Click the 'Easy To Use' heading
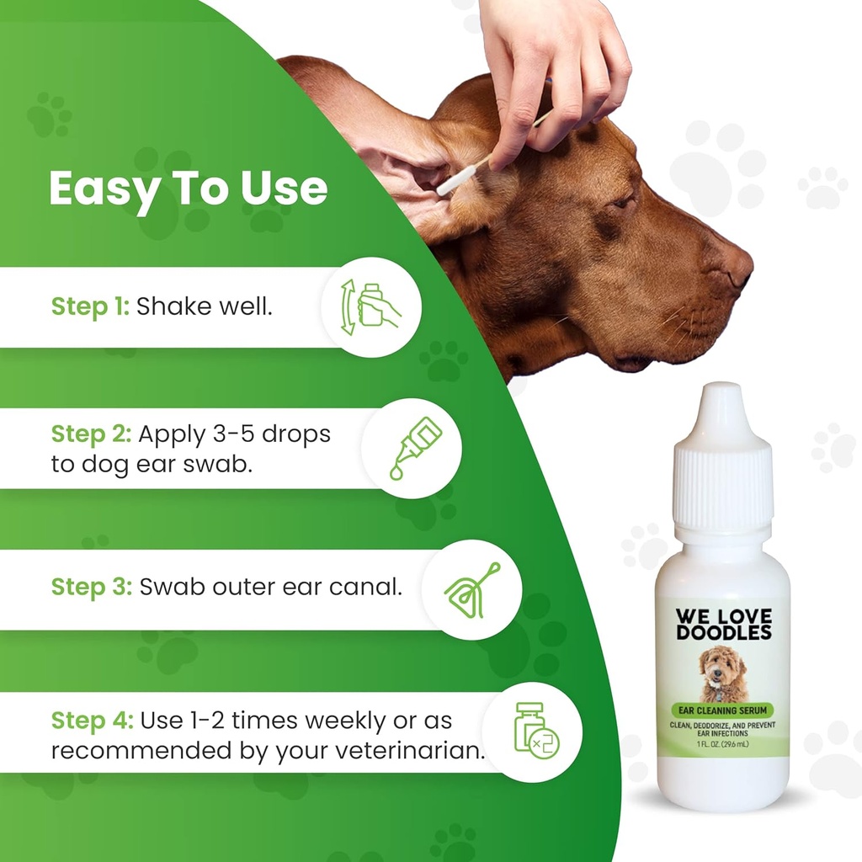click(x=188, y=189)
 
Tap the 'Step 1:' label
click(x=90, y=306)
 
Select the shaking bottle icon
click(x=371, y=307)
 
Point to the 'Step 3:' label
click(x=92, y=587)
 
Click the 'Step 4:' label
click(x=92, y=721)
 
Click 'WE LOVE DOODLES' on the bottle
click(x=723, y=623)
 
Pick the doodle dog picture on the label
click(x=723, y=673)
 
